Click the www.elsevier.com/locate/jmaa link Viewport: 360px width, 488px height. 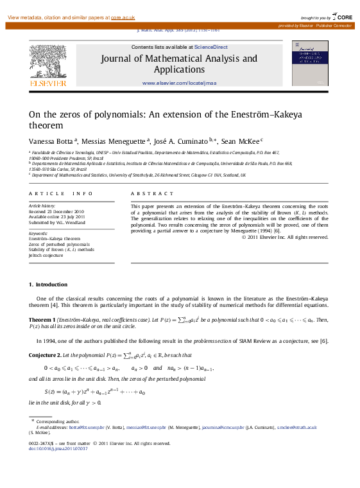(179, 83)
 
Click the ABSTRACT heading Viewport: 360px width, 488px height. (151, 193)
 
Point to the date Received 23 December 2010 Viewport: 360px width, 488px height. (56, 211)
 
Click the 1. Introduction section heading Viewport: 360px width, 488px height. (48, 284)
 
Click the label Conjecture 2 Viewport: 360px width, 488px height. (46, 355)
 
